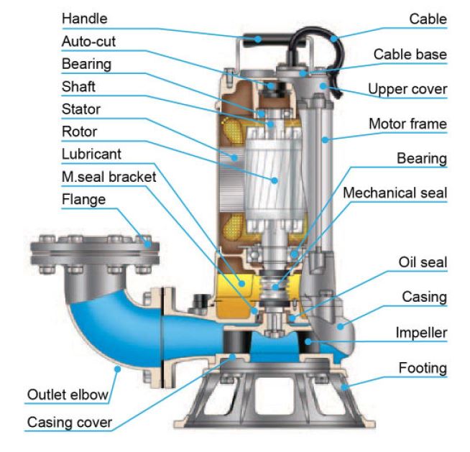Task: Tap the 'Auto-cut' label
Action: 88,41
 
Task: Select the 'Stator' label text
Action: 80,109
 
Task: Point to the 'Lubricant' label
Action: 91,154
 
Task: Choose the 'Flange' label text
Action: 83,199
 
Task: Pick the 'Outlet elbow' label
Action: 68,394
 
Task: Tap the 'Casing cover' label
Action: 69,422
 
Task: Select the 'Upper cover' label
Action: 407,89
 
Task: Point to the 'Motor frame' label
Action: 407,124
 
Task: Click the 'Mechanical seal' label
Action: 395,193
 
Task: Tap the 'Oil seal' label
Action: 423,262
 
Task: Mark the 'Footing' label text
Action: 423,369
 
